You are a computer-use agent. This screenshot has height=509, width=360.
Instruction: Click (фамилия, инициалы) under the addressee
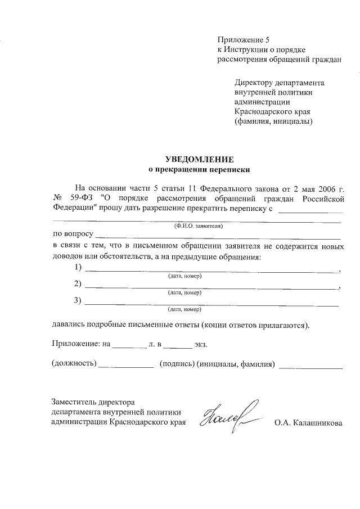pos(273,121)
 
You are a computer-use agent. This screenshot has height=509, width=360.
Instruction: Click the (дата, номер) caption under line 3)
pos(184,309)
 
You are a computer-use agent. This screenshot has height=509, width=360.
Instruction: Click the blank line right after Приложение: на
pos(129,344)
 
